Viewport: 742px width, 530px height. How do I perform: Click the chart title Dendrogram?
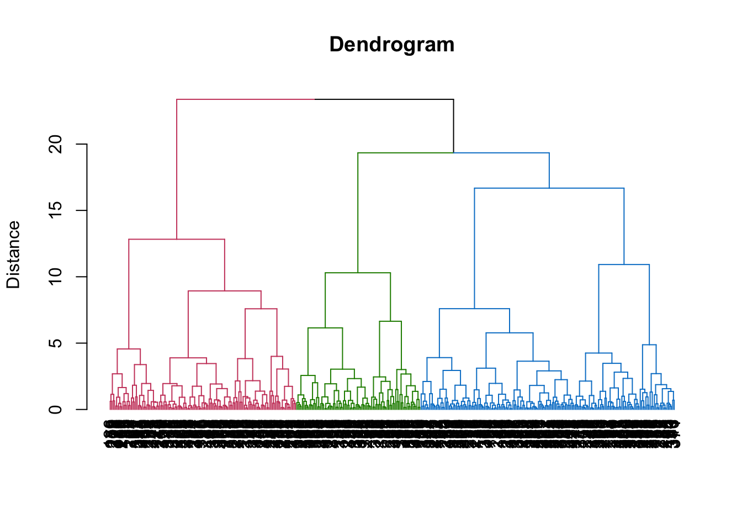391,45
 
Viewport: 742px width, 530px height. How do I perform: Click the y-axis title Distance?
13,255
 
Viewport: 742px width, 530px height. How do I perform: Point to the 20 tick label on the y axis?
56,145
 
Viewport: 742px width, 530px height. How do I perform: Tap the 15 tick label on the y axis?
56,210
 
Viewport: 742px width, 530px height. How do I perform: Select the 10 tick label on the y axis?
56,277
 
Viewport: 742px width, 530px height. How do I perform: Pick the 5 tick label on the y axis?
56,343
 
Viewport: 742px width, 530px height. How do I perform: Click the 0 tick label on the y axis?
56,409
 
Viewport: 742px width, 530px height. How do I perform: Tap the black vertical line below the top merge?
453,126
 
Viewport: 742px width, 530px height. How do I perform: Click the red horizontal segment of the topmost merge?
245,99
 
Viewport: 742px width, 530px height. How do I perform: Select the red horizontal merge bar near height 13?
177,239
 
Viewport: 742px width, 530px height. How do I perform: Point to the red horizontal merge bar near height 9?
225,290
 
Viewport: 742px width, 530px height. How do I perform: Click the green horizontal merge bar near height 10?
358,273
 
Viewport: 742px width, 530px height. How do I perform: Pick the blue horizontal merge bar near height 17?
549,188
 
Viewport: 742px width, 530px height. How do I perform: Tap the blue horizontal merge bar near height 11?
624,264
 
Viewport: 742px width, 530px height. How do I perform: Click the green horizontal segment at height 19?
405,152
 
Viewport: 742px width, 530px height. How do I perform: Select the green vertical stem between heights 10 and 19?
358,213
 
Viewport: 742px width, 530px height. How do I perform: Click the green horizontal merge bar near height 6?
325,328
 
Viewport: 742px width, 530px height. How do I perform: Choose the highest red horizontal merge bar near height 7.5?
261,309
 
